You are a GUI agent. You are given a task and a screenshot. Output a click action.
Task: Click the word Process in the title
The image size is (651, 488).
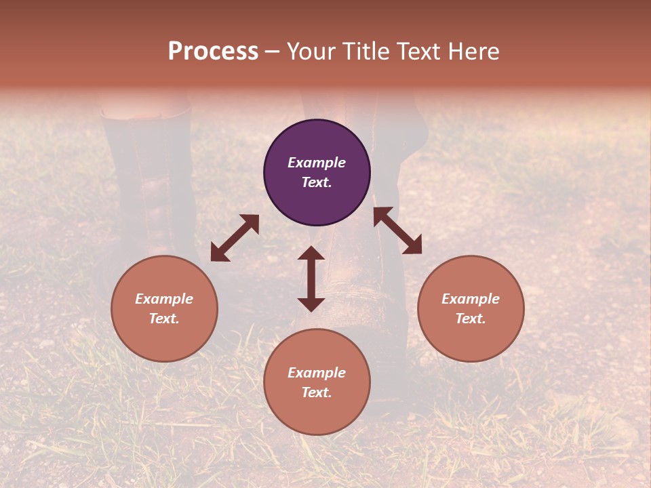[213, 52]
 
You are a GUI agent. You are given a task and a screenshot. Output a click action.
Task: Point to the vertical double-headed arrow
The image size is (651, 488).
[311, 279]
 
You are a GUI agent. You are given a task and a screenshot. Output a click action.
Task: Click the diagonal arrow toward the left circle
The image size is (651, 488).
[235, 238]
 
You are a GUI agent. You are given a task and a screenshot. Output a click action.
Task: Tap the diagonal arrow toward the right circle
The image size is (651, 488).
[398, 230]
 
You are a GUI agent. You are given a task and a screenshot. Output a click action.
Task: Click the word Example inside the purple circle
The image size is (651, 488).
[317, 163]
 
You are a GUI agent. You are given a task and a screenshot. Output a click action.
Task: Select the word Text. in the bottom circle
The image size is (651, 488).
[317, 392]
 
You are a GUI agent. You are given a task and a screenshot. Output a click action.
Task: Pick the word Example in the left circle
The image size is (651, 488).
[164, 299]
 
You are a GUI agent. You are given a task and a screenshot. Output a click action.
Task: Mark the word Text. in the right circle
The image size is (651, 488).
[471, 319]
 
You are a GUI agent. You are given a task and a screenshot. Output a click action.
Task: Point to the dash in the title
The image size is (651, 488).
[273, 52]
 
